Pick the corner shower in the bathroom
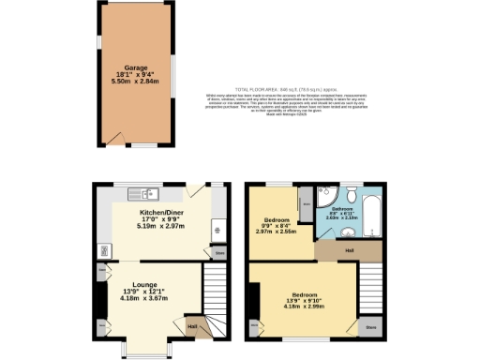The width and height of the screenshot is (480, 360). click(x=324, y=200)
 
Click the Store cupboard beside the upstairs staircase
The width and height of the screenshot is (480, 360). click(x=370, y=327)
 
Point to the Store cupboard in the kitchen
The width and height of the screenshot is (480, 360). click(x=218, y=253)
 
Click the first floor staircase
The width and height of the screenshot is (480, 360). click(x=372, y=285)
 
